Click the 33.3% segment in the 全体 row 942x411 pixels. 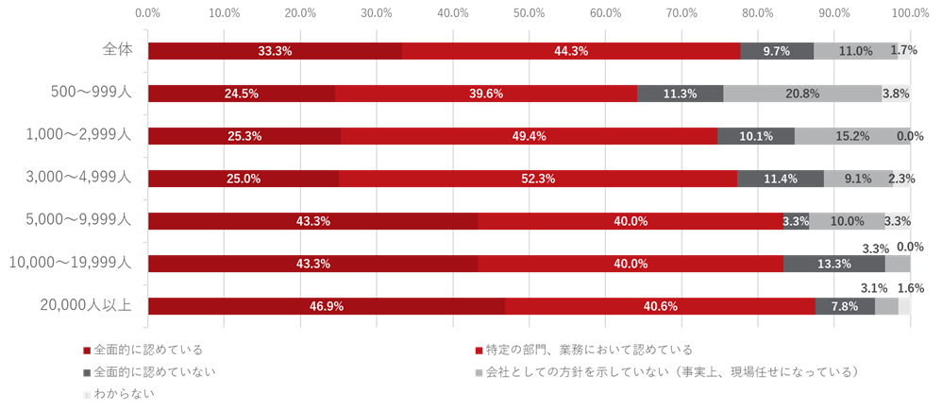tap(275, 51)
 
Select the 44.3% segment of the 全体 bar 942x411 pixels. tap(571, 51)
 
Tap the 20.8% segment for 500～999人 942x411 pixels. tap(802, 94)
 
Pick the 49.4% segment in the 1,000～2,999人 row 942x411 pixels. tap(529, 136)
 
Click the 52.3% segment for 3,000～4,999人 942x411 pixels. tap(537, 179)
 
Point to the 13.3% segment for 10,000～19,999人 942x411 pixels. tap(834, 264)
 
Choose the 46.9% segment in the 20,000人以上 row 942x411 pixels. tap(327, 306)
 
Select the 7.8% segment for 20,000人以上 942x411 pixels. tap(845, 306)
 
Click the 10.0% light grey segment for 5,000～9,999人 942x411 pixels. tap(847, 221)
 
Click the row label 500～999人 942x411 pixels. tap(91, 93)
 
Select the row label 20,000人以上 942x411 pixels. tap(86, 305)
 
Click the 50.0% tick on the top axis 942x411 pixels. tap(529, 13)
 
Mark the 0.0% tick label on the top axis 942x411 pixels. tap(147, 13)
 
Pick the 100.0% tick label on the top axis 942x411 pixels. tap(910, 13)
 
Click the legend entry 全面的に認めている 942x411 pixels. tap(147, 351)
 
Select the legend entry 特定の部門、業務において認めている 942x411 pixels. tap(589, 351)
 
